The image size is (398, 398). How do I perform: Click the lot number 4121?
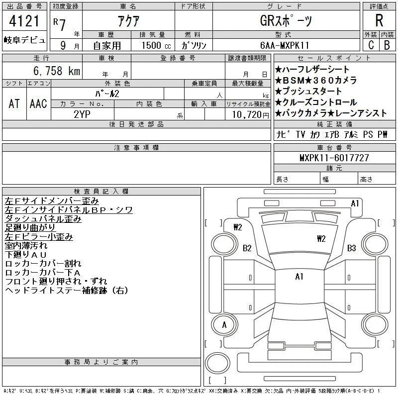pos(24,21)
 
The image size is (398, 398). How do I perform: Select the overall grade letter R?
pos(379,20)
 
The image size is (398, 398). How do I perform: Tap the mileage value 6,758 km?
pos(57,71)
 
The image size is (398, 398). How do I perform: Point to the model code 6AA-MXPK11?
pos(285,45)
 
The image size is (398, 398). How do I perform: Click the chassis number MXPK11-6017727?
pos(334,158)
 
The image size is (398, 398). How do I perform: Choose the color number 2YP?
pos(82,114)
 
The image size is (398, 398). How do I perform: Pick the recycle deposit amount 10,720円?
pos(250,115)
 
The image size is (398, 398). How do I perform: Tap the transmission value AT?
pos(14,103)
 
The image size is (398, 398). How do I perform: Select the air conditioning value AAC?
pos(38,103)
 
